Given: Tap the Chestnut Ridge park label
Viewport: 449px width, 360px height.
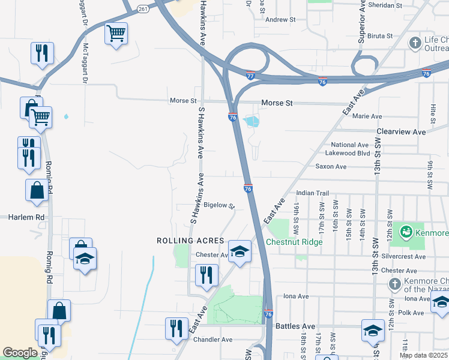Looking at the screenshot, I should click(x=294, y=242).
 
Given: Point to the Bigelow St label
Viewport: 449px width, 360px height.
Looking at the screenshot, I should click(x=218, y=205).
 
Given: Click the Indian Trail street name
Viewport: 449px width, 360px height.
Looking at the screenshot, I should click(x=313, y=193).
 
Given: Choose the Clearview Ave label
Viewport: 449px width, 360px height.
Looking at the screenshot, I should click(x=401, y=131).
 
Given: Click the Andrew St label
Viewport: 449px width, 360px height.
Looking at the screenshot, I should click(x=281, y=20).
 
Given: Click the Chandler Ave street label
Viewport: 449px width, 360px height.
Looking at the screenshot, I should click(x=212, y=340).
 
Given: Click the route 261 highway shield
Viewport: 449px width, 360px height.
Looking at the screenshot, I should click(x=142, y=8).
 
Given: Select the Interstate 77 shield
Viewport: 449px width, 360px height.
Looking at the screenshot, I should click(x=250, y=76).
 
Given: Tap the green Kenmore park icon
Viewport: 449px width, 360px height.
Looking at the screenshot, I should click(x=406, y=231).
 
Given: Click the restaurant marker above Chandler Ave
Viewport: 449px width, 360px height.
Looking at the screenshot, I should click(x=176, y=328).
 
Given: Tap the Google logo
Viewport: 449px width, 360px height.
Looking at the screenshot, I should click(x=20, y=353).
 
